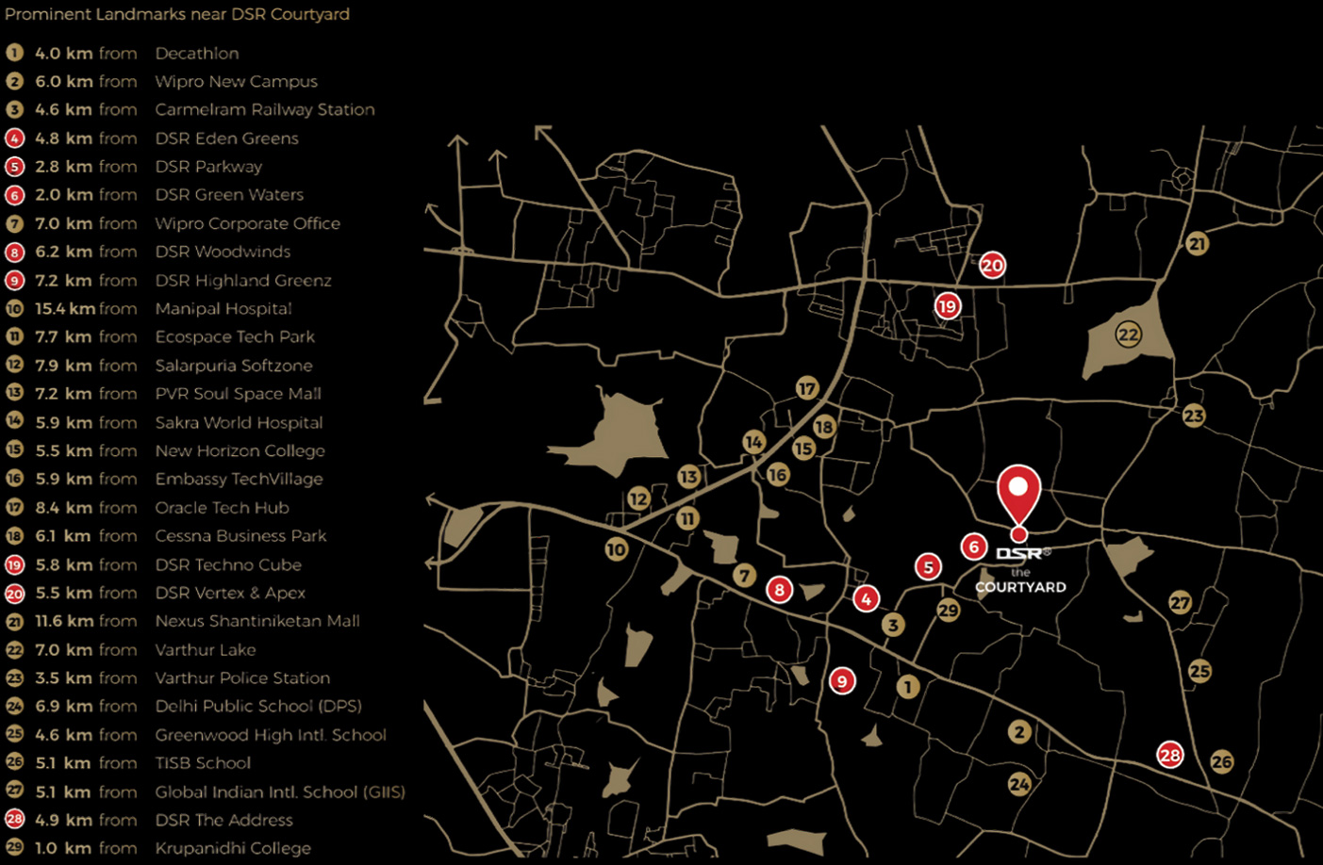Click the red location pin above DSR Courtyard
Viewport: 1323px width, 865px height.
(1018, 493)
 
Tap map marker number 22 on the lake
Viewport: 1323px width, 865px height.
(1128, 335)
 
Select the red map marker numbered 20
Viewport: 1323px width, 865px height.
(992, 266)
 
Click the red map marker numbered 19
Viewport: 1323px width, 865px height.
(947, 305)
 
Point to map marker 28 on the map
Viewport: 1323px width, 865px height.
(1170, 755)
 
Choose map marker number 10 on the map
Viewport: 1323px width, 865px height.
(617, 549)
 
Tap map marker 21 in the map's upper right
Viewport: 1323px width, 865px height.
(1197, 244)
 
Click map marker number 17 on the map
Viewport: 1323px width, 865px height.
(807, 388)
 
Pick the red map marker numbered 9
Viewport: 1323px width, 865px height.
(842, 680)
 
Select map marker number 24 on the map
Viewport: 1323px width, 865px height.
(1019, 784)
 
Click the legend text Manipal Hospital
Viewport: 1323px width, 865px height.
(223, 309)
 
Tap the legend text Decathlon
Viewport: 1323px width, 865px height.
(197, 54)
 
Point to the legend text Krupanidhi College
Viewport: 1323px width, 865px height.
(233, 848)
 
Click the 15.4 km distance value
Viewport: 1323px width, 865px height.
(64, 309)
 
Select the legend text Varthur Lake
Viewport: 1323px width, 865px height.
(206, 649)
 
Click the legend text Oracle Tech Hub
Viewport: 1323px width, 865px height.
(222, 508)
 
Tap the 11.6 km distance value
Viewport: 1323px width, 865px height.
(64, 621)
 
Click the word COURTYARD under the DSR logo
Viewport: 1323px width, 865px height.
(1020, 587)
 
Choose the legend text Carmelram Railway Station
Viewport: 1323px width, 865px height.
(265, 110)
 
